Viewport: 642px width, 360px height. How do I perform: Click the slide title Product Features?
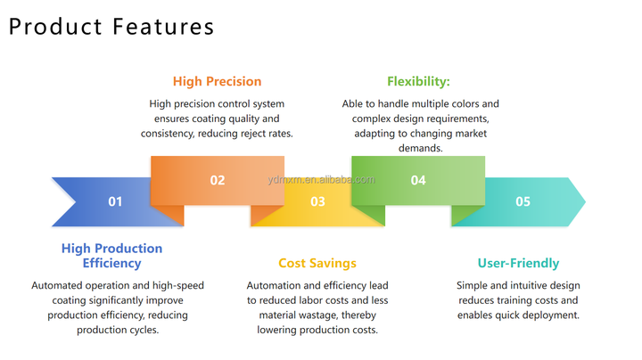coord(111,26)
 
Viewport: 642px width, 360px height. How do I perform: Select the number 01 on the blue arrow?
coord(115,201)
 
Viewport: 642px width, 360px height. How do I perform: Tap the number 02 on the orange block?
coord(218,180)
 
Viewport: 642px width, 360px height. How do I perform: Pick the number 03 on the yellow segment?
coord(317,201)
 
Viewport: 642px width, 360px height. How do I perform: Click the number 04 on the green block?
coord(418,180)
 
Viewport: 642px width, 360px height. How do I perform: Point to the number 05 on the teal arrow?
coord(523,201)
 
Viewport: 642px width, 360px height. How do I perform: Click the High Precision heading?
coord(218,82)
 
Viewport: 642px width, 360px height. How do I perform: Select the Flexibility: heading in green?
coord(418,82)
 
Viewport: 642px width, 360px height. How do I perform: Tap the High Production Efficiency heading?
coord(111,255)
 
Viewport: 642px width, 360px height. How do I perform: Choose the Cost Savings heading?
coord(317,263)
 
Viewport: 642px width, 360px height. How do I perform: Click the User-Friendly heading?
coord(518,263)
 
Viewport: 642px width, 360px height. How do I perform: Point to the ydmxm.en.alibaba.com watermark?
coord(321,179)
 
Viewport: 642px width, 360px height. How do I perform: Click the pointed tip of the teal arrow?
coord(584,201)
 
